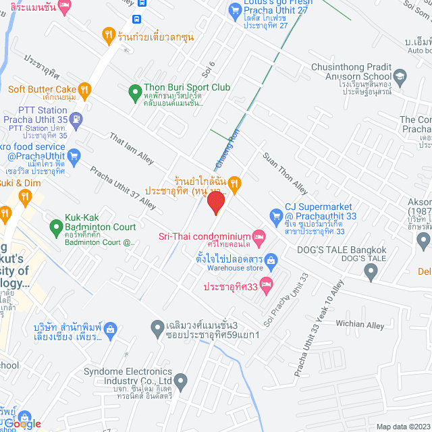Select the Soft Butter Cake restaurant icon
pyautogui.click(x=84, y=88)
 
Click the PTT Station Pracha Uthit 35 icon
pyautogui.click(x=76, y=120)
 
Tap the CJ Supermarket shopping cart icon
pyautogui.click(x=275, y=216)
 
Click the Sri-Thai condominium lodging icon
pyautogui.click(x=258, y=236)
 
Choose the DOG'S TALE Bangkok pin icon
pyautogui.click(x=370, y=272)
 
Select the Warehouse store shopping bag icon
pyautogui.click(x=271, y=260)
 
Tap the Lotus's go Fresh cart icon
pyautogui.click(x=235, y=9)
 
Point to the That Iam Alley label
pyautogui.click(x=132, y=148)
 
